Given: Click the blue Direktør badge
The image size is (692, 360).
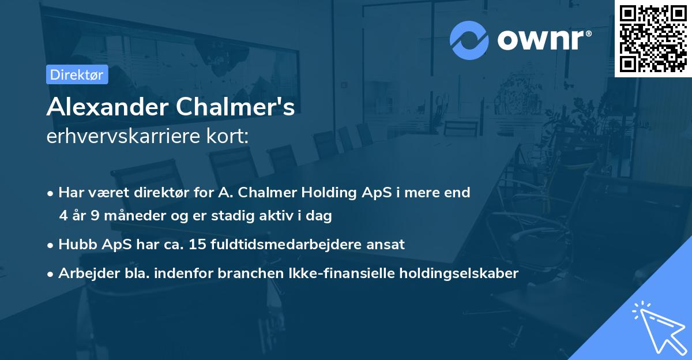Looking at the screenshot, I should tap(77, 74).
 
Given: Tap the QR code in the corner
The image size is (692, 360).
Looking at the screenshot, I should tap(653, 38).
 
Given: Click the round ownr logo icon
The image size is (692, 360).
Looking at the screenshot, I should tap(469, 40).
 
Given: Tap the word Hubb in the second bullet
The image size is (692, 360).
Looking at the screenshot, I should tap(74, 244).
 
